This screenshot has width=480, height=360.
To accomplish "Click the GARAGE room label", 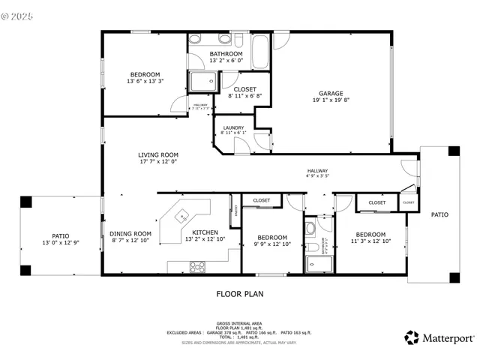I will (331, 94).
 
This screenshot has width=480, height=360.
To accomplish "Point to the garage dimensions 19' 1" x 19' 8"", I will (331, 100).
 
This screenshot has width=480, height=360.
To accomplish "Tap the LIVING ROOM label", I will (157, 155).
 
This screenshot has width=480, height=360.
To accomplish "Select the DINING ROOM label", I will (130, 233).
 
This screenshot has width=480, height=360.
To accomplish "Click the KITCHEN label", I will (205, 233).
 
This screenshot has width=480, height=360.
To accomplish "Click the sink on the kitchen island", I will (181, 217).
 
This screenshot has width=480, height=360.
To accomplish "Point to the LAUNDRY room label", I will (232, 127).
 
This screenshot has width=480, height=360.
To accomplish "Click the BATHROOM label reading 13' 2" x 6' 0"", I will (226, 54).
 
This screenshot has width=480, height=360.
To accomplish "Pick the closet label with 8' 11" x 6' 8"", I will (244, 89).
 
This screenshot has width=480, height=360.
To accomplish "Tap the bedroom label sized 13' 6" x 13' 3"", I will (145, 74).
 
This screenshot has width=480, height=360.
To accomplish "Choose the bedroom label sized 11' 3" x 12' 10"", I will (370, 235).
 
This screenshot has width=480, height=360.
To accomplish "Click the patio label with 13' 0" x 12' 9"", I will (60, 235).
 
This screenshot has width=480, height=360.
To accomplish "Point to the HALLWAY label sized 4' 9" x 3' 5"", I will (317, 172).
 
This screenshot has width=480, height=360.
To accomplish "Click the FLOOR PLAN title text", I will (240, 294).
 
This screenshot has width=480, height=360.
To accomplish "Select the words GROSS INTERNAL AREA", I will (239, 324).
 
